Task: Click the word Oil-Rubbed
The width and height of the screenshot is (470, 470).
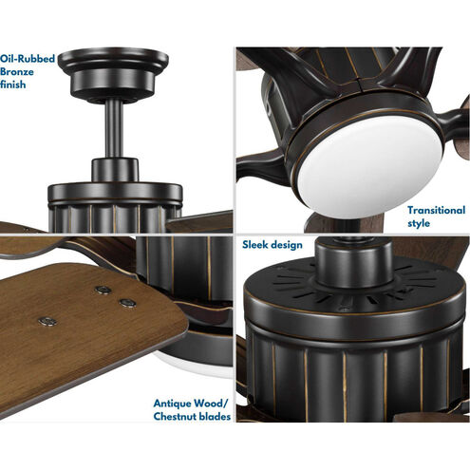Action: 28,59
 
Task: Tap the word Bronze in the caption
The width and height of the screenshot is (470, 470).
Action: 17,71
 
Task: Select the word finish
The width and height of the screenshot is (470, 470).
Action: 12,85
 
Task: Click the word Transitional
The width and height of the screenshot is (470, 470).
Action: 436,210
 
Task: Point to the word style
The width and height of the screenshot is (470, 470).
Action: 419,223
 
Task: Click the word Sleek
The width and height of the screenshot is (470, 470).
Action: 255,244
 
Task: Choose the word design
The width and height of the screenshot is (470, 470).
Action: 287,245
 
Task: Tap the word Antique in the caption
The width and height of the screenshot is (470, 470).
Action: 172,404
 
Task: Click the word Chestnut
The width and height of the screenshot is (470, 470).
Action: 175,416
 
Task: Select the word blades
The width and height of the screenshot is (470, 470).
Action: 215,416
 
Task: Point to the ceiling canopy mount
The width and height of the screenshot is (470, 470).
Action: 113,74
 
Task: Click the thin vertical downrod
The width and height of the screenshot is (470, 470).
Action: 114,129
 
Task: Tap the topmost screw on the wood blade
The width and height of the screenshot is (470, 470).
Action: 103,290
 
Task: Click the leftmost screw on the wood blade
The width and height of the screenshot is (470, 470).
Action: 47,322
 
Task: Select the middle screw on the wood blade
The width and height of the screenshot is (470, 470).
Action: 128,303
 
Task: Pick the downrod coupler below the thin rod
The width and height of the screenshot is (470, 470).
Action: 115,170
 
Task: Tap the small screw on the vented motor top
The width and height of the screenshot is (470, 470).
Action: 345,308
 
